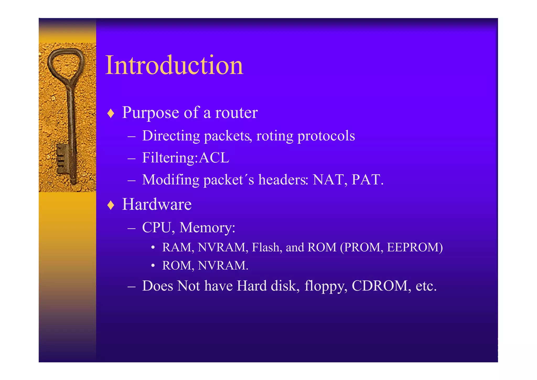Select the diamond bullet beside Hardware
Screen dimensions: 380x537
click(x=111, y=205)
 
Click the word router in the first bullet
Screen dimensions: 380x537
click(x=236, y=113)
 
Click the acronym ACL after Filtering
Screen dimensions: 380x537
click(x=214, y=158)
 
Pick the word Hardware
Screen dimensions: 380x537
click(x=157, y=204)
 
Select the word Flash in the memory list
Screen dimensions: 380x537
click(x=265, y=247)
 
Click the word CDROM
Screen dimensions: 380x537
click(x=380, y=286)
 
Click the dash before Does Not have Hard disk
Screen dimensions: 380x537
click(x=131, y=286)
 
